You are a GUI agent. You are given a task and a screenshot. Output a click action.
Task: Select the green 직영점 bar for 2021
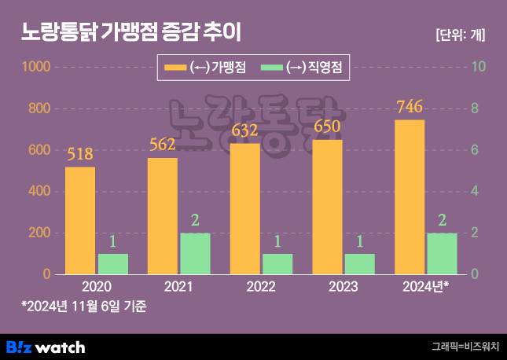pyautogui.click(x=195, y=253)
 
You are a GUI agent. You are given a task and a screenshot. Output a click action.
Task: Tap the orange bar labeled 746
pyautogui.click(x=410, y=197)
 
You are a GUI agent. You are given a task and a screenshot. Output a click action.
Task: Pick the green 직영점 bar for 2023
pyautogui.click(x=360, y=263)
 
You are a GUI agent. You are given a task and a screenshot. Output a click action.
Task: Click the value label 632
pyautogui.click(x=245, y=130)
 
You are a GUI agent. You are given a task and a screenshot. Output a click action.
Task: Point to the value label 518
pyautogui.click(x=80, y=154)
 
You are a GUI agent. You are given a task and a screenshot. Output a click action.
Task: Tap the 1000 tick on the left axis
pyautogui.click(x=35, y=68)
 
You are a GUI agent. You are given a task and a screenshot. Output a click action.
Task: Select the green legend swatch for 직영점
pyautogui.click(x=271, y=68)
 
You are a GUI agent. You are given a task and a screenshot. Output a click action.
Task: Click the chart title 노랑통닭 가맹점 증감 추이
pyautogui.click(x=130, y=33)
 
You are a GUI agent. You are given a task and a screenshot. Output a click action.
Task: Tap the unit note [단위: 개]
pyautogui.click(x=460, y=35)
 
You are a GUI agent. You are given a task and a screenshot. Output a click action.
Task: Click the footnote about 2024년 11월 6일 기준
pyautogui.click(x=84, y=305)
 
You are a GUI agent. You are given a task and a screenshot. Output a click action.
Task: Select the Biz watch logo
pyautogui.click(x=46, y=346)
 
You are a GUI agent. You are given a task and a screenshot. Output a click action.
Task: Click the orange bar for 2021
pyautogui.click(x=163, y=216)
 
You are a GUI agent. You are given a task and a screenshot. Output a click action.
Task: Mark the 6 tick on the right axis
pyautogui.click(x=474, y=150)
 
